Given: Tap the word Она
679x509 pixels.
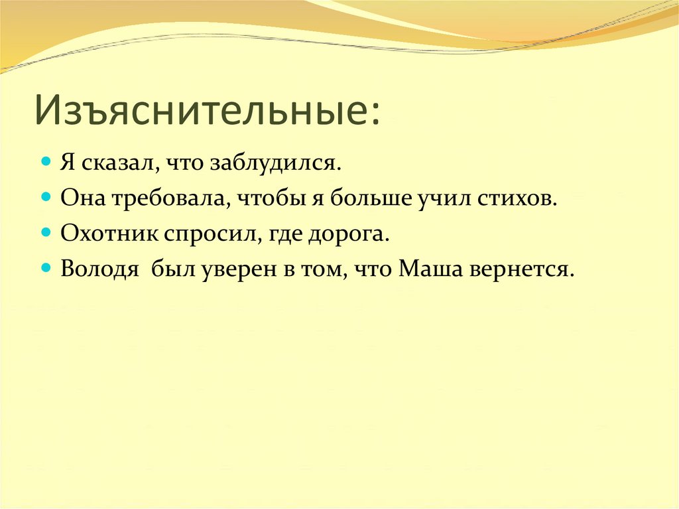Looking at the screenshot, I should click(x=81, y=199).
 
